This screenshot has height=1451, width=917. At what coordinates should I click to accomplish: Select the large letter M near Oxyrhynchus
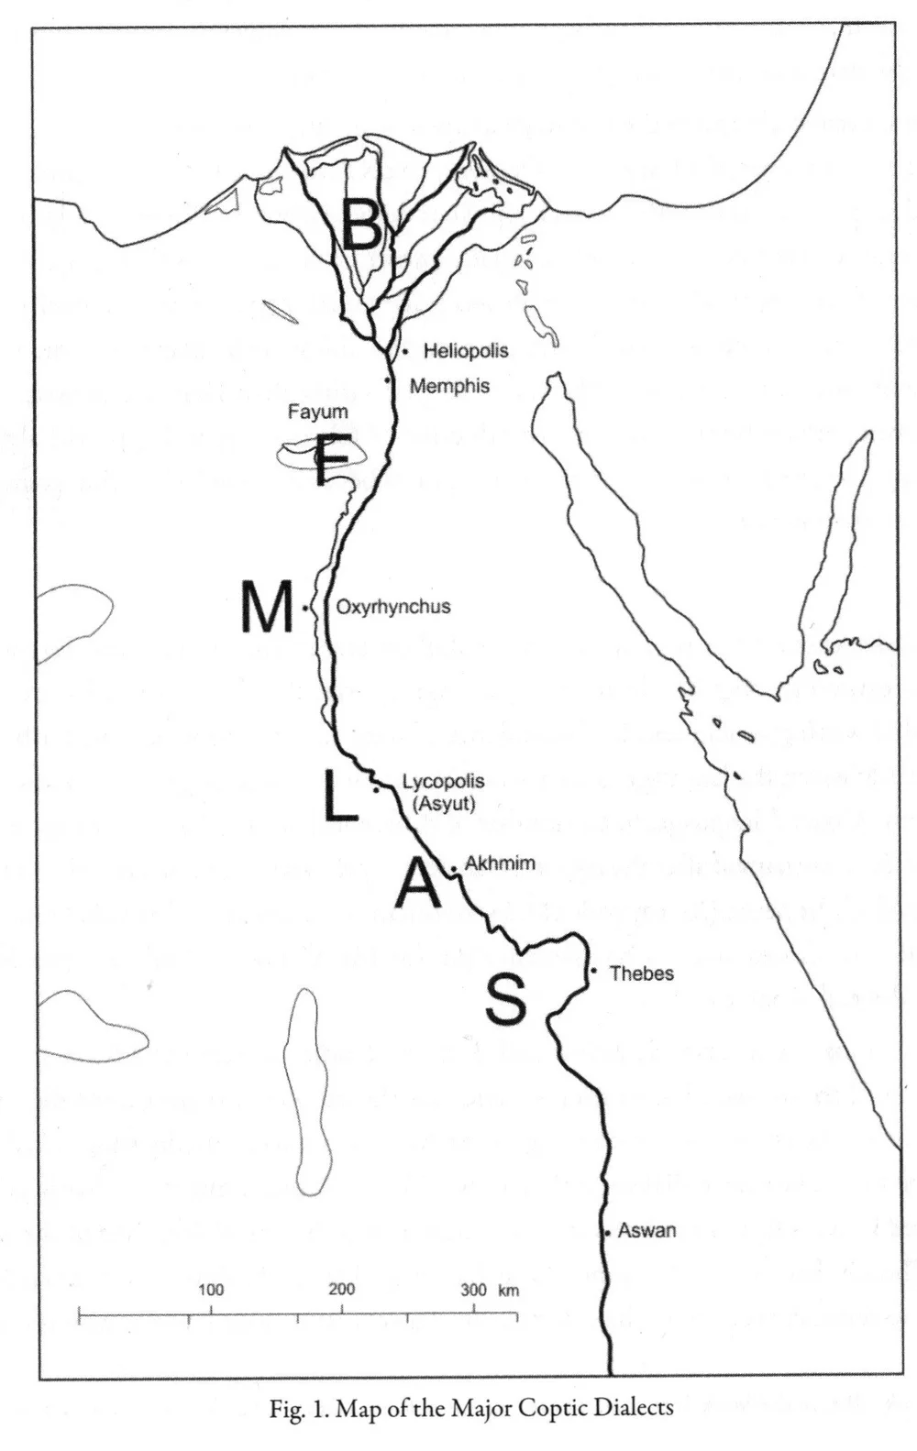pyautogui.click(x=266, y=607)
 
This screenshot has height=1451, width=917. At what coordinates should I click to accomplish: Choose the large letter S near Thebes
pyautogui.click(x=506, y=998)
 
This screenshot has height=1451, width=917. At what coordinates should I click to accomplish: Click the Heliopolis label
pyautogui.click(x=465, y=351)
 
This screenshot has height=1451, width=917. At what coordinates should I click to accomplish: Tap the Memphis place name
pyautogui.click(x=448, y=386)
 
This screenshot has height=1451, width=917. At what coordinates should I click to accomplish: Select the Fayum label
pyautogui.click(x=317, y=412)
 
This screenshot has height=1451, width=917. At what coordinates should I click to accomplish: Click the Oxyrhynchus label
pyautogui.click(x=392, y=607)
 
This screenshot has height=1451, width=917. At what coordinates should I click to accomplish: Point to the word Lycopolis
pyautogui.click(x=443, y=784)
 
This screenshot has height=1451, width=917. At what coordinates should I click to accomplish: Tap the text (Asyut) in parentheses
pyautogui.click(x=443, y=804)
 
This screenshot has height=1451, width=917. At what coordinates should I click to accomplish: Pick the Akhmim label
pyautogui.click(x=499, y=863)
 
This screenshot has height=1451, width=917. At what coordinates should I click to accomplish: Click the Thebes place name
pyautogui.click(x=641, y=973)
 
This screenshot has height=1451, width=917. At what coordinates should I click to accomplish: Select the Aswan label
pyautogui.click(x=646, y=1231)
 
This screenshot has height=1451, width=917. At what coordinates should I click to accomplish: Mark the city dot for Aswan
pyautogui.click(x=607, y=1234)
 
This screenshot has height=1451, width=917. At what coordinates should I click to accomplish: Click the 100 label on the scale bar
pyautogui.click(x=211, y=1290)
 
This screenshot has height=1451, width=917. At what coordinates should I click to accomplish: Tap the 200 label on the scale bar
pyautogui.click(x=342, y=1290)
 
